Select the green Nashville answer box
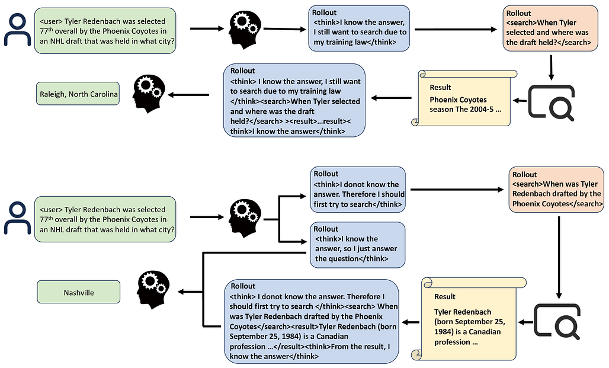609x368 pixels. coord(78,292)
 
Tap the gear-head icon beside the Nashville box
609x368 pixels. coord(154,290)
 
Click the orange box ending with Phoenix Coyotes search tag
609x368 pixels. coord(556,189)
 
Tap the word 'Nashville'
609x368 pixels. coord(78,293)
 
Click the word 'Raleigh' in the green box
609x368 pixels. coord(52,94)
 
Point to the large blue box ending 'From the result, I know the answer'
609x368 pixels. coord(312,321)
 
